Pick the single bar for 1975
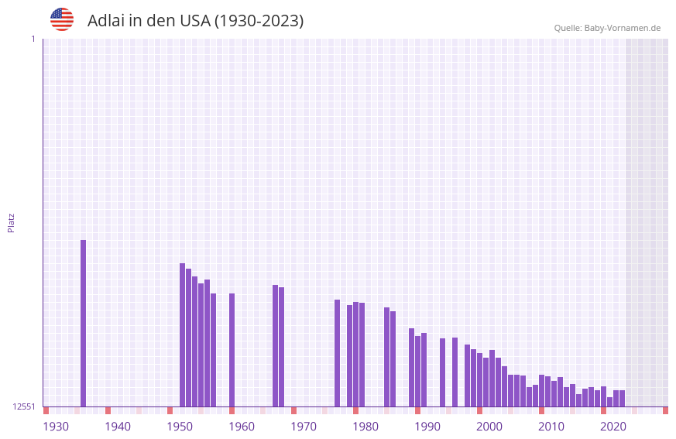337,353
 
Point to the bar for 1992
442,372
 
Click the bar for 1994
455,372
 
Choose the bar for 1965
275,345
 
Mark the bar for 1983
386,357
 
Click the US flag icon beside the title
62,19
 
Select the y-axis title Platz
11,222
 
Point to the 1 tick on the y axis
33,39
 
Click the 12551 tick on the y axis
24,406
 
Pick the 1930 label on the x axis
56,427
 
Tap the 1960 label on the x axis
242,427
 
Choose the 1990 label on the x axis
427,427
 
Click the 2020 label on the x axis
613,427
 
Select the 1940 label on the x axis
118,427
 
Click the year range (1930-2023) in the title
258,21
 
